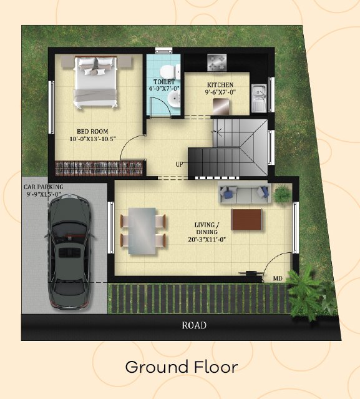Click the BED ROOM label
92,131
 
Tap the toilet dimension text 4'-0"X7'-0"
164,89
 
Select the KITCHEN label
220,85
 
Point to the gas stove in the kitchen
216,62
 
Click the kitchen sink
259,98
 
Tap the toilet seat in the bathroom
170,72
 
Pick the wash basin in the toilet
174,99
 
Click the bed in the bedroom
95,82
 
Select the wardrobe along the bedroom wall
99,168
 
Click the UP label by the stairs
180,164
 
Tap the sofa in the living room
245,192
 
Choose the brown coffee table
246,219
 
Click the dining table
142,231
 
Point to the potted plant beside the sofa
281,193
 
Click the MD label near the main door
278,278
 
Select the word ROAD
194,325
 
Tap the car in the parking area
69,252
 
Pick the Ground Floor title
182,367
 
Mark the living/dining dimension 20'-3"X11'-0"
207,239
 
